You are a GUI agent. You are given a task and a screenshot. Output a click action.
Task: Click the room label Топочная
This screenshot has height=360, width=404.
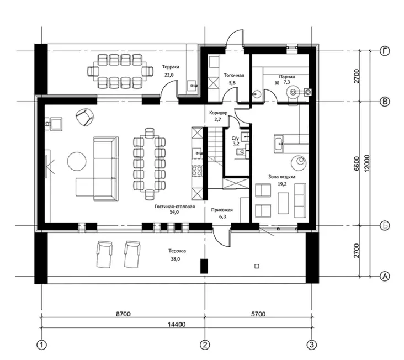[233, 76]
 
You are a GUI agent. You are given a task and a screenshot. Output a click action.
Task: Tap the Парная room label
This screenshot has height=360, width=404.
[287, 77]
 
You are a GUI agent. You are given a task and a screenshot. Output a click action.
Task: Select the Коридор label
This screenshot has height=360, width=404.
[218, 113]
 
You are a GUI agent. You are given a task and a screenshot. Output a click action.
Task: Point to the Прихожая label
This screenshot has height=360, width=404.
[222, 210]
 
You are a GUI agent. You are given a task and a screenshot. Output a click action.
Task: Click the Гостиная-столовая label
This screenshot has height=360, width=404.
[175, 207]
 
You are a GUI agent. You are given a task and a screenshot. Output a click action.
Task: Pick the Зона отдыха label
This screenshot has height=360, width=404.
[282, 177]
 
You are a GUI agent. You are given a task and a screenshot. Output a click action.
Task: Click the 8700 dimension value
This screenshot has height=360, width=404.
[123, 314]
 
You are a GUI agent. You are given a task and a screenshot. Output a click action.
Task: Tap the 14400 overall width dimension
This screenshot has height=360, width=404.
[177, 325]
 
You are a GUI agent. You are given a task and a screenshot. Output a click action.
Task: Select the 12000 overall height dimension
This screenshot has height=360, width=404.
[367, 163]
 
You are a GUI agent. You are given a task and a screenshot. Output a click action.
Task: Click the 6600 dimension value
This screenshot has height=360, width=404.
[357, 163]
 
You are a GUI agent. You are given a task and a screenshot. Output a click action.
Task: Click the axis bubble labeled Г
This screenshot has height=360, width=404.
[385, 51]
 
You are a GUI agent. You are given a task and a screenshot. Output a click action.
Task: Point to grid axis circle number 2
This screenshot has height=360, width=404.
[205, 345]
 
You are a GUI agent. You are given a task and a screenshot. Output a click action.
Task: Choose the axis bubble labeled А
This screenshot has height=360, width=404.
[385, 277]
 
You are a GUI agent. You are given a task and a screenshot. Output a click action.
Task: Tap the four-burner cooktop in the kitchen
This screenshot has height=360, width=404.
[197, 170]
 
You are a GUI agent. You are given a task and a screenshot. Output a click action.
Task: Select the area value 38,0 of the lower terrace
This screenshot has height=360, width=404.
[176, 260]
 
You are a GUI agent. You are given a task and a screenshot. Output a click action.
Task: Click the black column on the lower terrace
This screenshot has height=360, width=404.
[204, 266]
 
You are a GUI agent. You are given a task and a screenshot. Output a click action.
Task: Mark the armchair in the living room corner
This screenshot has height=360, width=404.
[84, 117]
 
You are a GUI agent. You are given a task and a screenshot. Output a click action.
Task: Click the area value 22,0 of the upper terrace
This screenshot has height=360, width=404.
[169, 75]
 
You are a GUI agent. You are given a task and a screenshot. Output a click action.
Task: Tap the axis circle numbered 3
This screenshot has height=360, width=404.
[312, 345]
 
